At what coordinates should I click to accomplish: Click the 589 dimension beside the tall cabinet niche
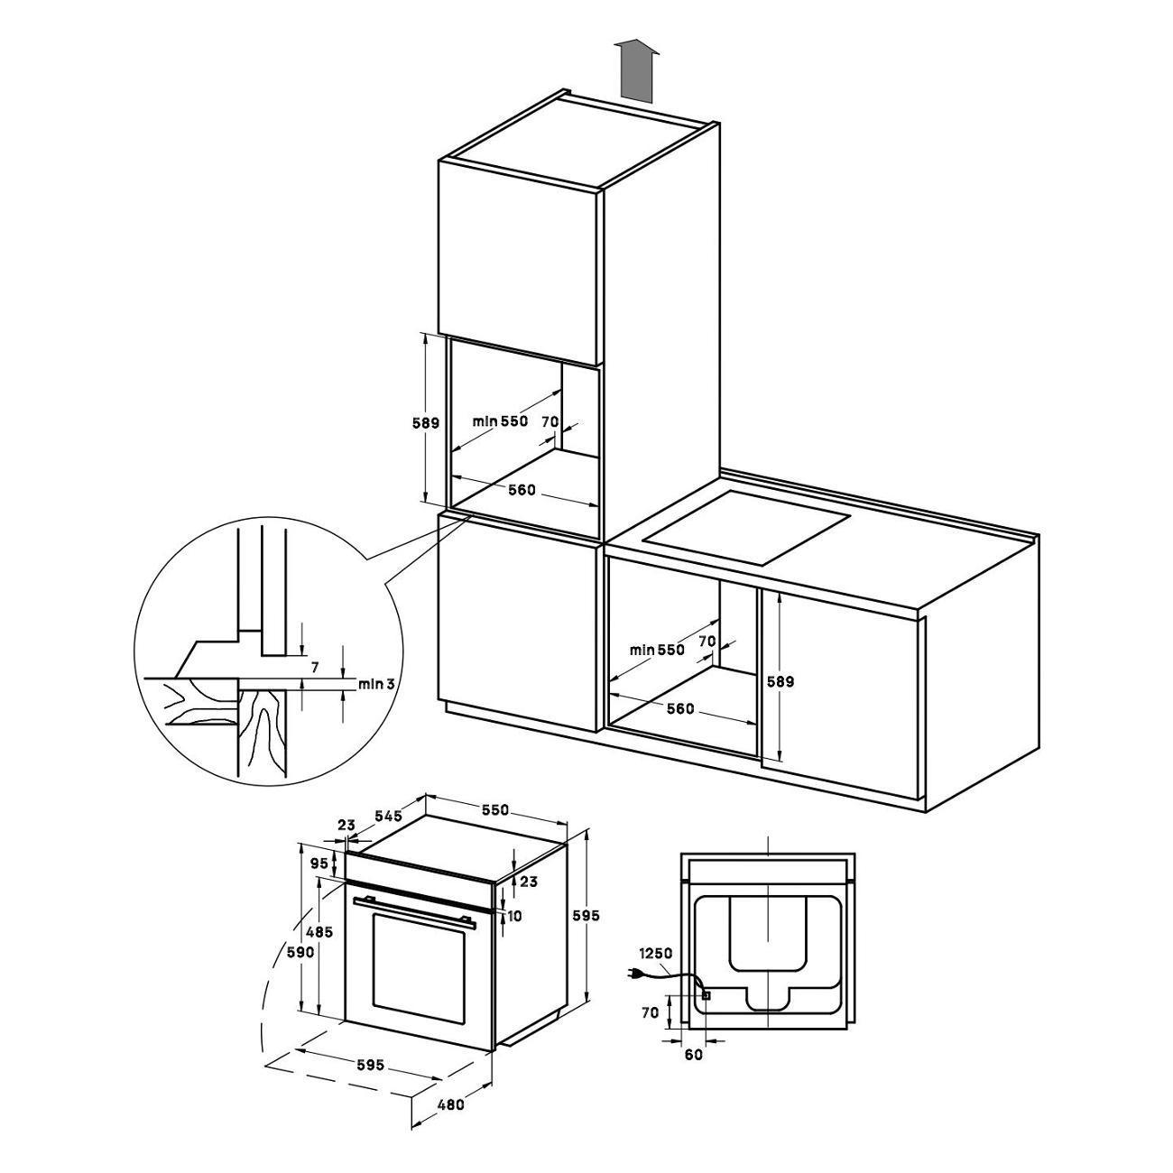(426, 422)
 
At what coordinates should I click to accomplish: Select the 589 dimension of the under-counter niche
(781, 682)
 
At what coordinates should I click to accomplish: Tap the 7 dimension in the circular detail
(315, 667)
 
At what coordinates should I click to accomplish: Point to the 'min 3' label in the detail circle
(376, 684)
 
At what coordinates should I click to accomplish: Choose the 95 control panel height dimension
(319, 863)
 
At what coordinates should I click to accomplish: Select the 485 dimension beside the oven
(319, 949)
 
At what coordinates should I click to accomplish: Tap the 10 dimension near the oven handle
(514, 933)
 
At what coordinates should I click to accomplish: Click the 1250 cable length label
(655, 953)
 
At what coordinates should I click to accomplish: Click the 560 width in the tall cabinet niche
(522, 489)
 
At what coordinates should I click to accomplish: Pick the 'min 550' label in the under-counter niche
(657, 650)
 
